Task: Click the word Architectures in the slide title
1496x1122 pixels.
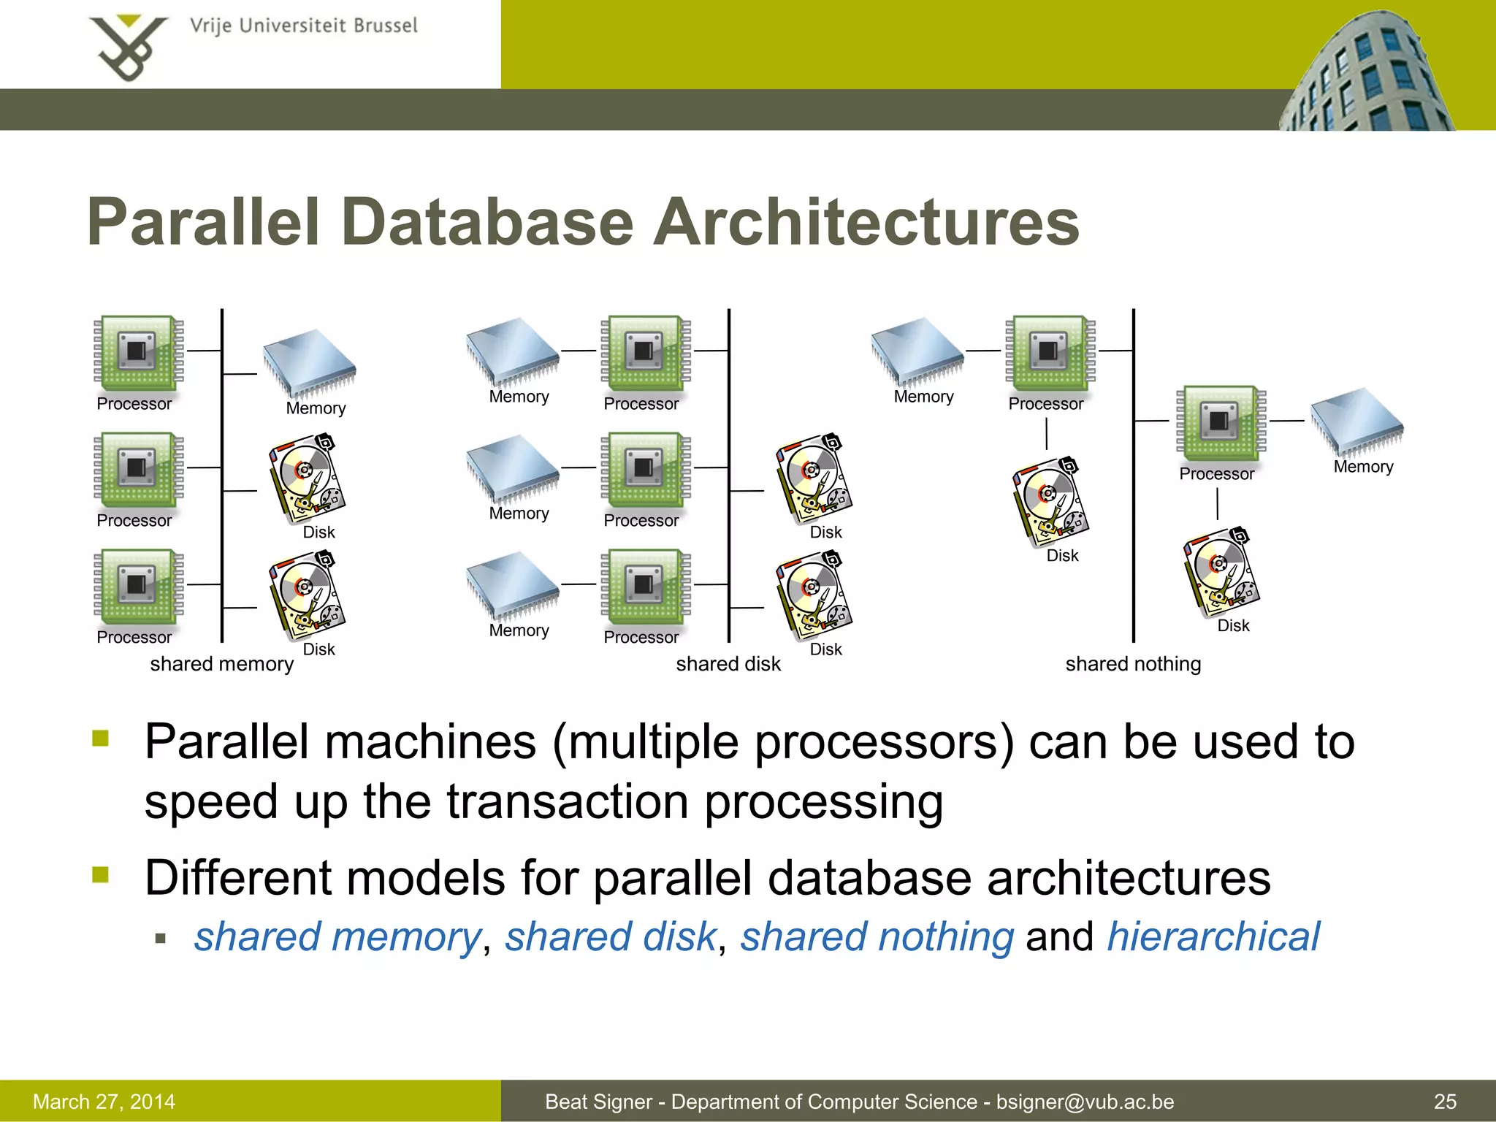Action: click(866, 223)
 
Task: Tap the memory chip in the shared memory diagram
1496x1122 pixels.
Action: click(310, 362)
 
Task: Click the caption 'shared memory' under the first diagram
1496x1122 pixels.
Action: click(221, 664)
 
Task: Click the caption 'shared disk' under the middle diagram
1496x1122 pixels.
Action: click(728, 664)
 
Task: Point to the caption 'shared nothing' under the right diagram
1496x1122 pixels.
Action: click(1133, 664)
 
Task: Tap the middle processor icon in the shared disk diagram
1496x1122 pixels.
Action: click(644, 469)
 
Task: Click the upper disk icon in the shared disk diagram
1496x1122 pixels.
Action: click(814, 479)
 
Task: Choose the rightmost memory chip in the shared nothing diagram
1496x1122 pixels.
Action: click(1356, 421)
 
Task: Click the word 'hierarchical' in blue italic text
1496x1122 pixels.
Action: click(1213, 937)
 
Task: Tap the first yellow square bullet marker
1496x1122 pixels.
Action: click(101, 739)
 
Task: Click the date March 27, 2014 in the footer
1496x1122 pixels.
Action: click(104, 1102)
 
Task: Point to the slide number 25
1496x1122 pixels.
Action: click(1445, 1102)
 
